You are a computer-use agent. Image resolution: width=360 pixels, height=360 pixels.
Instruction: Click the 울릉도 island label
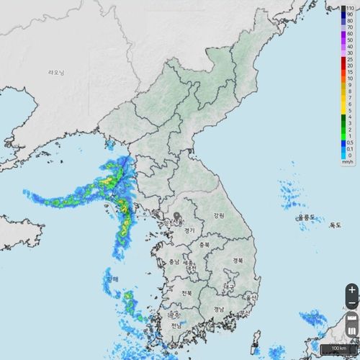pyautogui.click(x=307, y=216)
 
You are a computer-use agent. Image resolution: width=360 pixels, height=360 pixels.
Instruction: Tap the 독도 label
pyautogui.click(x=335, y=225)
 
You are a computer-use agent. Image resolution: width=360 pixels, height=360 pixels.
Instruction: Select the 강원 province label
pyautogui.click(x=219, y=215)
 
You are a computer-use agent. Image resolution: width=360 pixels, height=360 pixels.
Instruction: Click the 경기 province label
pyautogui.click(x=190, y=230)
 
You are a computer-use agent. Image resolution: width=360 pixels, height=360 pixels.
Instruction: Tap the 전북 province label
pyautogui.click(x=186, y=293)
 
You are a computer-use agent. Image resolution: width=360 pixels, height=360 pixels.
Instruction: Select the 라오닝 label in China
pyautogui.click(x=56, y=73)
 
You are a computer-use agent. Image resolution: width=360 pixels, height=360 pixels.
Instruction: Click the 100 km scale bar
pyautogui.click(x=339, y=348)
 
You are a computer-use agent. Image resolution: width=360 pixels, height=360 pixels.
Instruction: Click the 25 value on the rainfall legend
pyautogui.click(x=349, y=59)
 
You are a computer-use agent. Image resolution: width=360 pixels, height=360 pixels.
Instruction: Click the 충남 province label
pyautogui.click(x=174, y=262)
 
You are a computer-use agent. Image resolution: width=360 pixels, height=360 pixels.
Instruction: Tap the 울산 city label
pyautogui.click(x=251, y=297)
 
